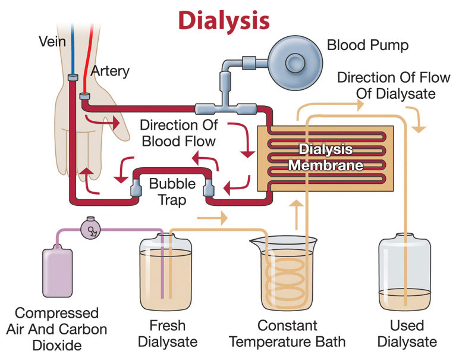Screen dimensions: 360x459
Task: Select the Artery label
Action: pos(109,71)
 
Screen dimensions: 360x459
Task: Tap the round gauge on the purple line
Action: pos(91,228)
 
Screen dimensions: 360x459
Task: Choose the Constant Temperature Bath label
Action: pos(287,334)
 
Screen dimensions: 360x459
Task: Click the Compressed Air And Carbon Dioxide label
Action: pos(57,330)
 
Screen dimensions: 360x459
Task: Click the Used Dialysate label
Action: pos(407,334)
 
